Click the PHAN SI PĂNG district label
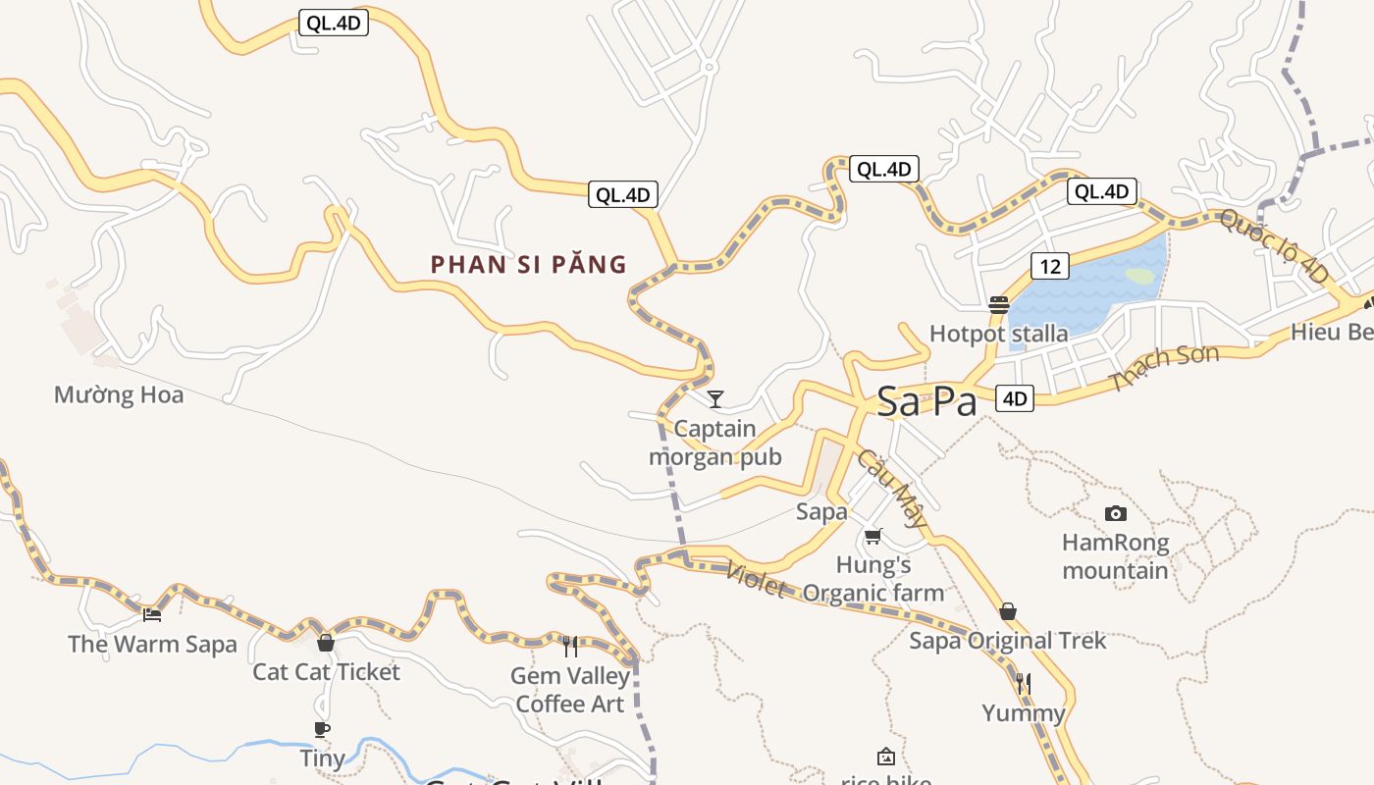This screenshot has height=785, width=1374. coord(528,264)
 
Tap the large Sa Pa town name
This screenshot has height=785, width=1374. coord(926,401)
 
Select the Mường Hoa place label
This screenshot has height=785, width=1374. coord(119,394)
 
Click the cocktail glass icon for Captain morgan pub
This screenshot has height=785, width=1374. coord(715,398)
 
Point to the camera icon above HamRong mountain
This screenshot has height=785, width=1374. coord(1115,513)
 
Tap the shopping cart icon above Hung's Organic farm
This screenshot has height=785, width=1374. coord(873,536)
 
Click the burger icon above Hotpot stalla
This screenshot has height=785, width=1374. coord(999,304)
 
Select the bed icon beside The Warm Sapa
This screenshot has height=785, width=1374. coord(152,615)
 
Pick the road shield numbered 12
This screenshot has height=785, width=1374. coord(1049,265)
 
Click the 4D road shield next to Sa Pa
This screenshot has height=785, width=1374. coord(1015,397)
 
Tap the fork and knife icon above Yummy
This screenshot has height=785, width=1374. coord(1024,683)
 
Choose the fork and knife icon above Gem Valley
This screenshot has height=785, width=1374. coord(569,646)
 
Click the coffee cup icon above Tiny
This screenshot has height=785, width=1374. coord(321,729)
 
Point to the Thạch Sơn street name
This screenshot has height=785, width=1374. coord(1164,368)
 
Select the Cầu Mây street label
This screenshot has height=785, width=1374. coord(891,489)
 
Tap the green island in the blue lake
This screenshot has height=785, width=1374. coord(1140,277)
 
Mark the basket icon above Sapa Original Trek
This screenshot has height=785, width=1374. coord(1007,612)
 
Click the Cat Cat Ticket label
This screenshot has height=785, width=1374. coord(327,672)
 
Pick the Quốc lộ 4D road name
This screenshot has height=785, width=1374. coord(1274,245)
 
